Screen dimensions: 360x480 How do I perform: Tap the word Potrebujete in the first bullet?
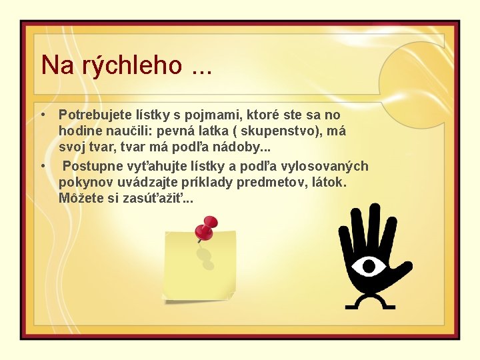pos(96,115)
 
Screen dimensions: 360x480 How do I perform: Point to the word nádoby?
pos(243,147)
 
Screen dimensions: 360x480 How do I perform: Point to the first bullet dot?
pos(43,115)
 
